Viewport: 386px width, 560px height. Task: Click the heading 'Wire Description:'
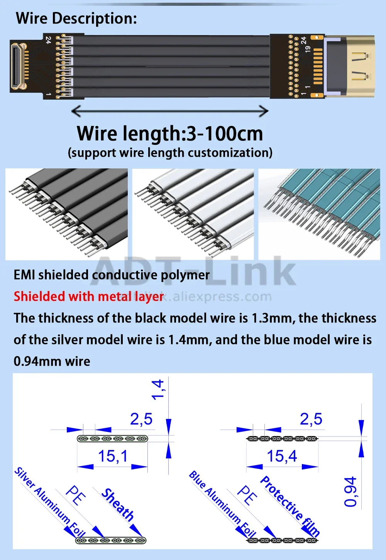click(76, 18)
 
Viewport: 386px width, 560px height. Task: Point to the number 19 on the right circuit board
click(308, 49)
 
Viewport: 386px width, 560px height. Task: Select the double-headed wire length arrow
click(170, 111)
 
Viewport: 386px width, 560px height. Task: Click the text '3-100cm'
click(225, 134)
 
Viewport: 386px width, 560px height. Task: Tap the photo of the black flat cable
click(66, 214)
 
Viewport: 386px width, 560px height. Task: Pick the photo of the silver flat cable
click(193, 214)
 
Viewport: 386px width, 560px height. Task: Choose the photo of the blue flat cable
click(319, 214)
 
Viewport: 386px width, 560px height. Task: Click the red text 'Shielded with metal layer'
click(89, 296)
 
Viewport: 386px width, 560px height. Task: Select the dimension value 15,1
click(112, 456)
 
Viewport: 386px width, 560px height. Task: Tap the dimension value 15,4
click(282, 456)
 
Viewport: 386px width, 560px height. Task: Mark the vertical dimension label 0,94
click(350, 491)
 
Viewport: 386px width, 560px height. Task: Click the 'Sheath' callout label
click(118, 504)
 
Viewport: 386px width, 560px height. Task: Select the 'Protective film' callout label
click(290, 506)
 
